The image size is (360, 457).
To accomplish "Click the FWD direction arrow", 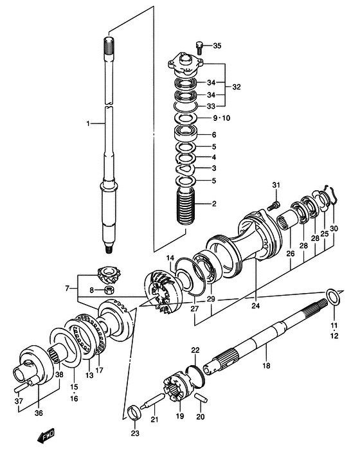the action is coord(46,436).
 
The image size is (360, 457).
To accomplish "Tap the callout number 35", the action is coord(217,46).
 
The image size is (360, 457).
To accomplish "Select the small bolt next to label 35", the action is coord(199,48).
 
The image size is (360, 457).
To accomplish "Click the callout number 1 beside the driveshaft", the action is coord(88,123).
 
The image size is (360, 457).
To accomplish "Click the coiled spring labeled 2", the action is coord(185,206).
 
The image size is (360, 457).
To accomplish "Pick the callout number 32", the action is coord(237,87).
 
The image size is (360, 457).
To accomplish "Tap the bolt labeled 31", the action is coord(273,206).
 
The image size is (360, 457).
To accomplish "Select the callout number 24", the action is coord(256,306).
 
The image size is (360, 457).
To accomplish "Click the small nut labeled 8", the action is coord(109,290).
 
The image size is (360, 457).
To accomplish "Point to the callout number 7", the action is coord(67,289).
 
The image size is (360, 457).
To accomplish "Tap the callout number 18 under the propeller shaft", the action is coord(266,365).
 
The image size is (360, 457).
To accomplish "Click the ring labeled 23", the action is coord(134,413).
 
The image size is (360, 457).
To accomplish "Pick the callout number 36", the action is coord(39,413).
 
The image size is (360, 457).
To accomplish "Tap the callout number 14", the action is coord(170,258).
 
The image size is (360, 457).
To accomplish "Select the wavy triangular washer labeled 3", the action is coord(184,168).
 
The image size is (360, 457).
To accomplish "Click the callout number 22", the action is coord(195,350).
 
